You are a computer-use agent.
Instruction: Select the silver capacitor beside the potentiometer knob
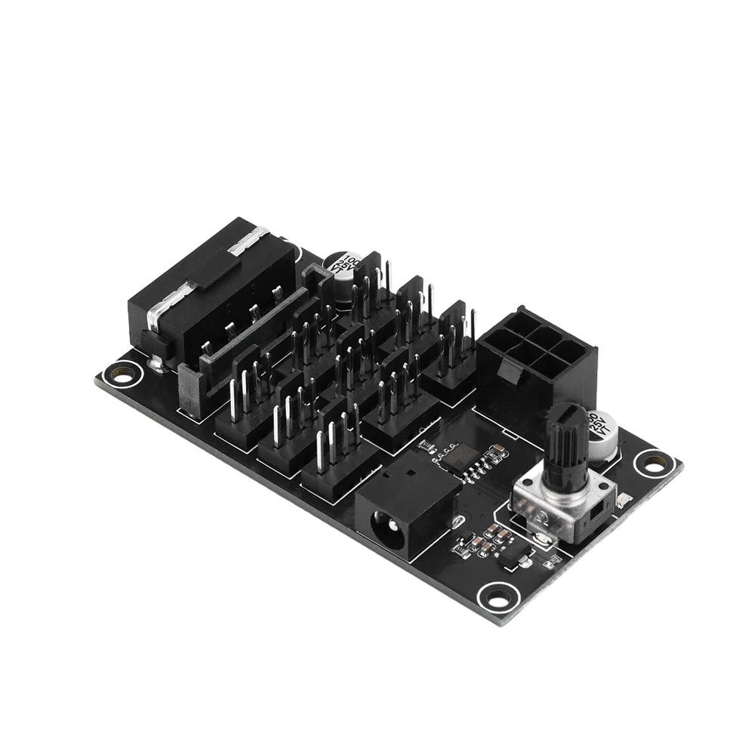coord(604,436)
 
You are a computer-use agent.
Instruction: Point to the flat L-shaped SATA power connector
coord(226,362)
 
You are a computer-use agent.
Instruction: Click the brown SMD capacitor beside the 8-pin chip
coord(496,454)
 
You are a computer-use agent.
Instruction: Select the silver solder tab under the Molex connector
coord(157,363)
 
